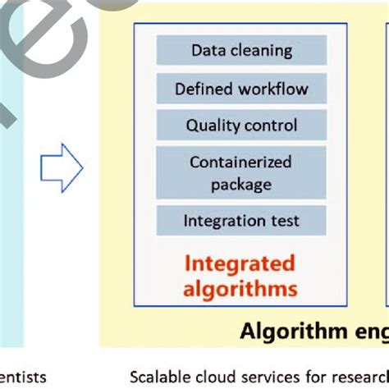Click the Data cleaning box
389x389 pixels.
point(241,50)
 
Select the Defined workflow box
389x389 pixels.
point(241,89)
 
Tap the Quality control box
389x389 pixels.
point(241,126)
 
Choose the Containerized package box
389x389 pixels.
point(241,173)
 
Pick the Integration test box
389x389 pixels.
point(241,221)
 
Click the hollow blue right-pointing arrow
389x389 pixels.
point(62,168)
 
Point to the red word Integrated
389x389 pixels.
point(239,263)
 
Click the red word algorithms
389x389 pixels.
point(240,288)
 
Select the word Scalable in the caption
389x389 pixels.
point(159,378)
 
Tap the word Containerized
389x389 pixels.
point(241,162)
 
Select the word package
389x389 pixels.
point(241,184)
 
